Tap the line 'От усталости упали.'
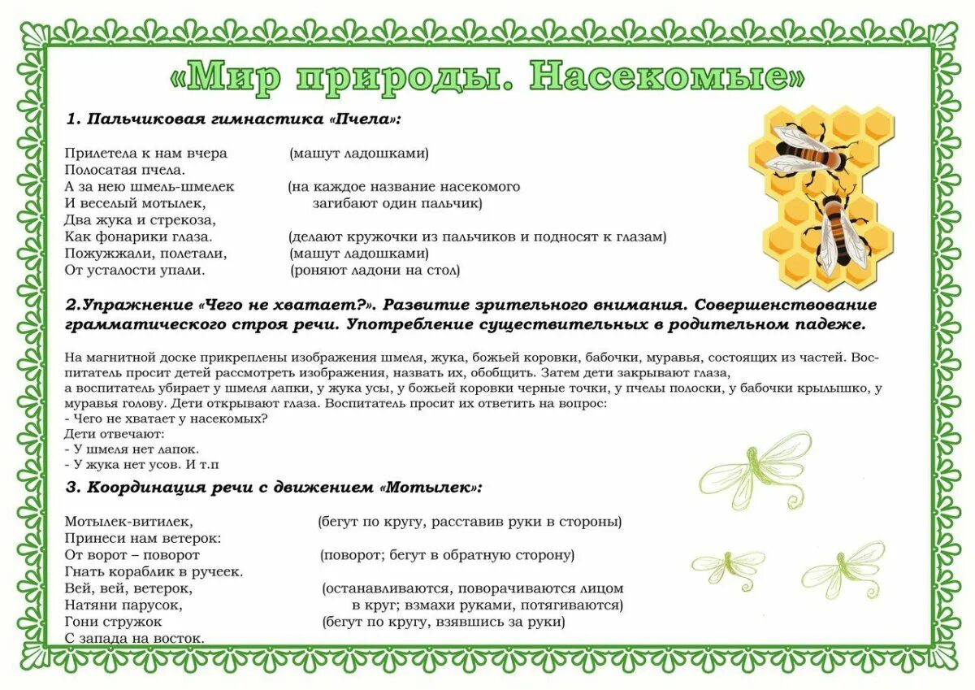(x=134, y=270)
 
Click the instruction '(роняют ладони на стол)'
(x=375, y=270)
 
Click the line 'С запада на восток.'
(x=134, y=639)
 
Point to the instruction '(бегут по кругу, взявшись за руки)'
(x=444, y=623)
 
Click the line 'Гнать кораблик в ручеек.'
(x=154, y=571)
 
